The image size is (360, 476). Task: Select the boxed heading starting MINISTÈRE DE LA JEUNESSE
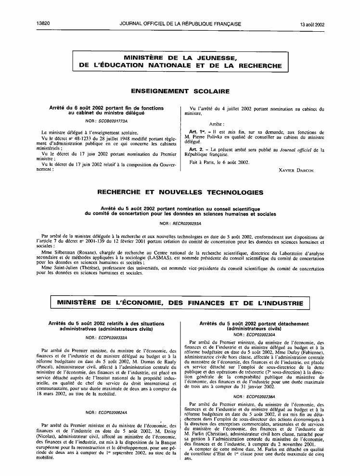coord(180,62)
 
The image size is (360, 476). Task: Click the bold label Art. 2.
coord(198,150)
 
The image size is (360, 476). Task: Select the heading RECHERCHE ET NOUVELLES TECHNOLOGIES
coord(180,192)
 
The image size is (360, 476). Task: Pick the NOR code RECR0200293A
coord(186,224)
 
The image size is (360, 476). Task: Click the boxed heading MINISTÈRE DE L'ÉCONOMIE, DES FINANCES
coord(180,303)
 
